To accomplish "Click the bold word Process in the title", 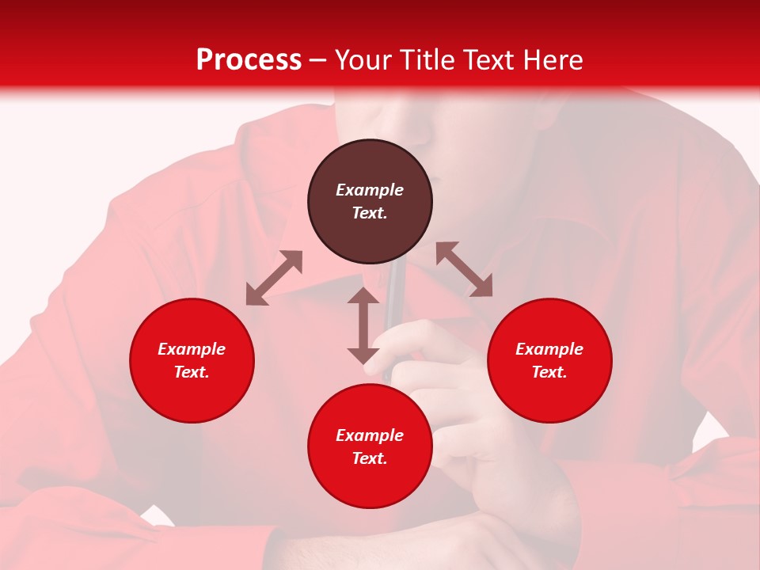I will coord(249,60).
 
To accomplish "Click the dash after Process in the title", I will coord(318,62).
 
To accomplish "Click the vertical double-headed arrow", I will coord(363,325).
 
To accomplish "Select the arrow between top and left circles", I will coord(274,278).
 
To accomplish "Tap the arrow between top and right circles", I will coord(465,269).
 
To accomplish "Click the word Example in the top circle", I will coord(370,190).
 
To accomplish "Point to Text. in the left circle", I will coord(192,372).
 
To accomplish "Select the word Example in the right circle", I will coord(549,349).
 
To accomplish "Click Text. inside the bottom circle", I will coord(370,458).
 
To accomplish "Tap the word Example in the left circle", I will coord(192,349).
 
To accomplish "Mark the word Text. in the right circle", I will coord(549,372).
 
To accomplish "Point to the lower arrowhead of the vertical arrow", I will coord(363,355).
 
